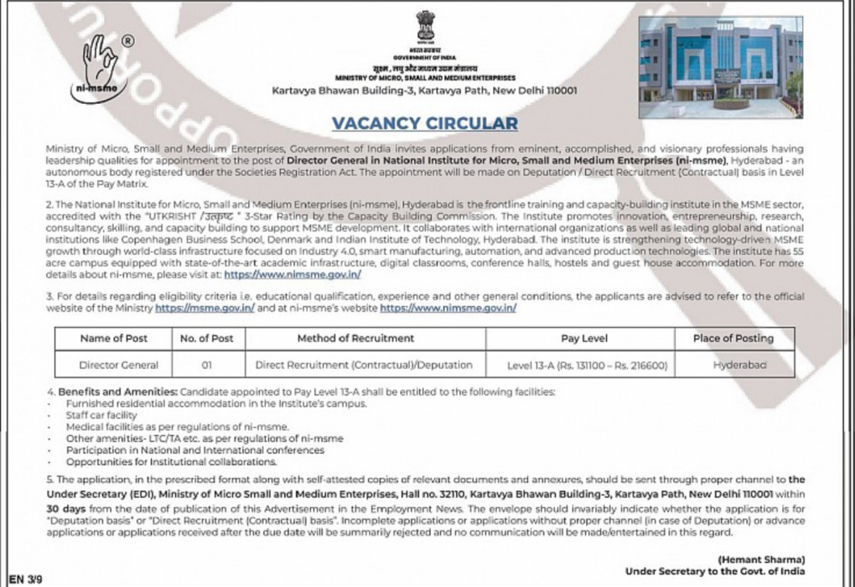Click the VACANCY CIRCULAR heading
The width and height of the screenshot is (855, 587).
coord(425,123)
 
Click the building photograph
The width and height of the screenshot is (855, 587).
coord(720,67)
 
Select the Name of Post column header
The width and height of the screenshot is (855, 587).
coord(113,338)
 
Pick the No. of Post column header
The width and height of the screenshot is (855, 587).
coord(206,338)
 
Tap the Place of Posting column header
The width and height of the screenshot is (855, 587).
coord(733,338)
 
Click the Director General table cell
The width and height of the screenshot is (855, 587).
coord(113,365)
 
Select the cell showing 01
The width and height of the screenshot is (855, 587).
coord(206,365)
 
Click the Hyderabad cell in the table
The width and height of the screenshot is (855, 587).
coord(733,365)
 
